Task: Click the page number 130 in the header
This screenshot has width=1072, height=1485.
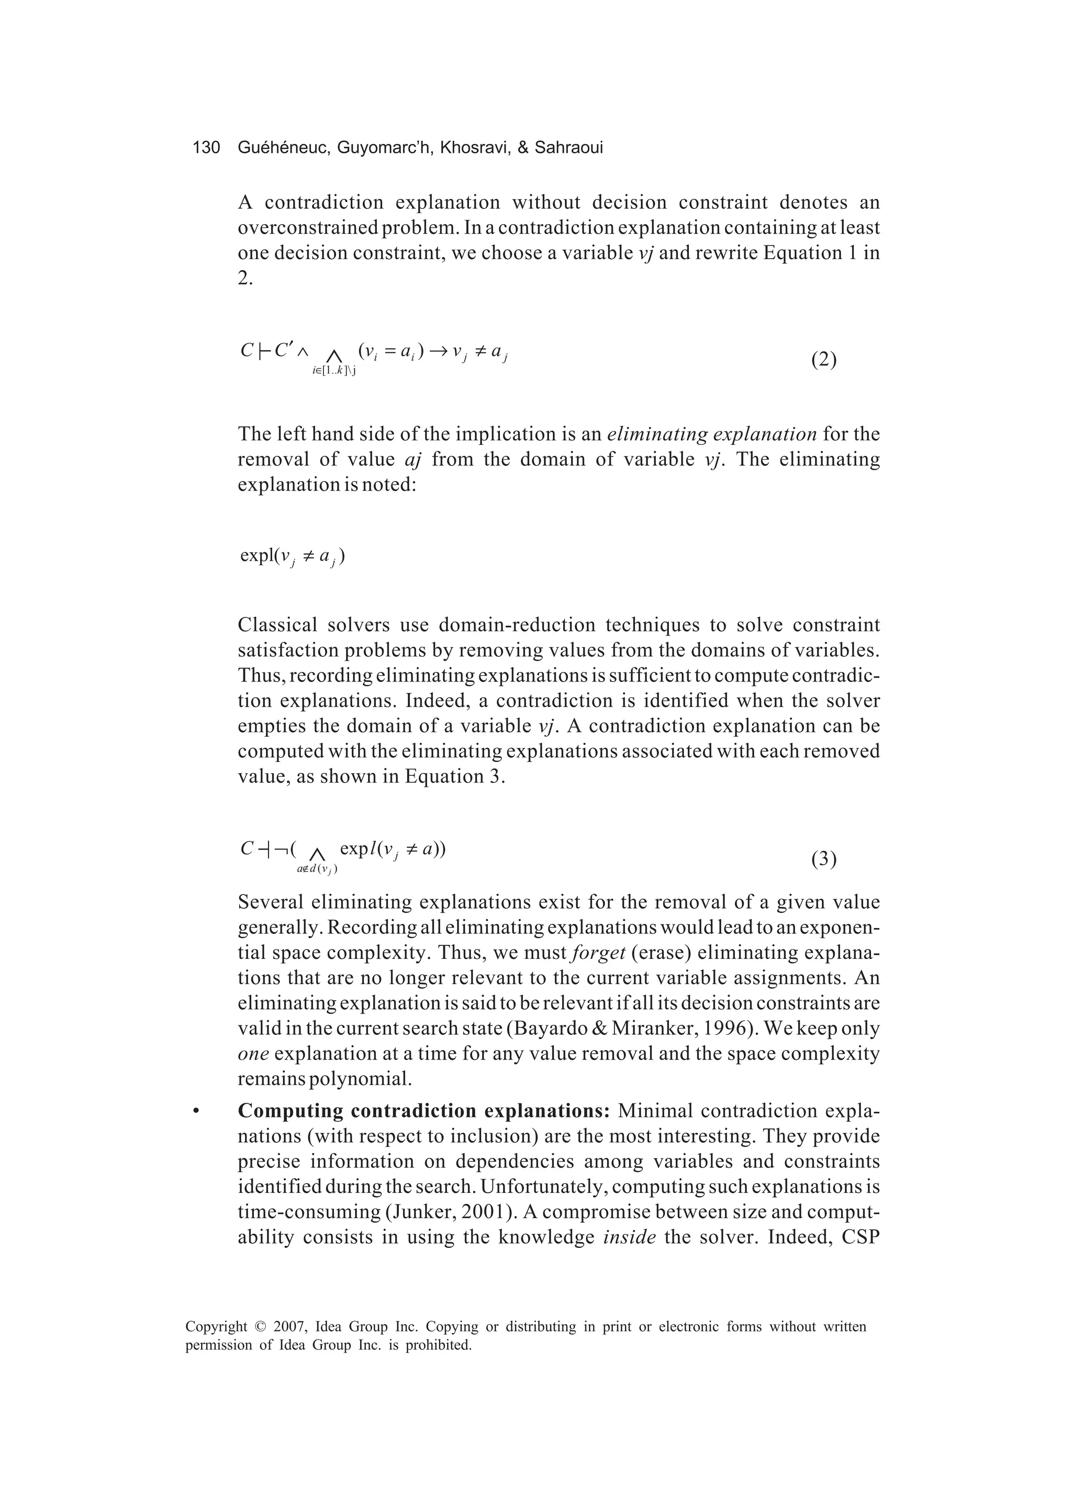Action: coord(206,148)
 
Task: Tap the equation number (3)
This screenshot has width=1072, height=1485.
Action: coord(824,858)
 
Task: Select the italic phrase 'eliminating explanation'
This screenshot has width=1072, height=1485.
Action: coord(712,434)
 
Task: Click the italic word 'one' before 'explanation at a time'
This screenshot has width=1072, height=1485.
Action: coord(253,1054)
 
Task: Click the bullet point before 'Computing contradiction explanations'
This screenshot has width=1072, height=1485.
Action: coord(195,1112)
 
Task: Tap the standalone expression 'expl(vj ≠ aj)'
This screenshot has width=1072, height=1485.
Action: coord(293,556)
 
